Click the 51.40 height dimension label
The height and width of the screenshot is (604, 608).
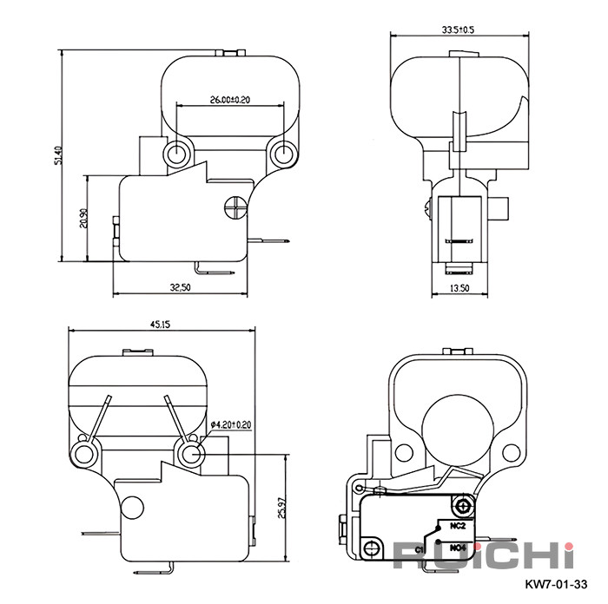click(x=58, y=155)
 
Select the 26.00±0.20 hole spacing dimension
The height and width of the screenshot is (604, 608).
click(x=230, y=100)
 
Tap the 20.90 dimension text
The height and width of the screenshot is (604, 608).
click(x=83, y=218)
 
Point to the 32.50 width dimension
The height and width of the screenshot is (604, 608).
click(x=181, y=287)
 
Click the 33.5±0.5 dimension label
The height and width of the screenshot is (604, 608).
click(x=458, y=30)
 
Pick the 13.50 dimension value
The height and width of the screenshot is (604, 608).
click(x=459, y=288)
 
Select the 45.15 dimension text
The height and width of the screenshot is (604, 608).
click(x=160, y=325)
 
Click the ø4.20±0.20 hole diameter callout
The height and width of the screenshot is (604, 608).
click(x=231, y=424)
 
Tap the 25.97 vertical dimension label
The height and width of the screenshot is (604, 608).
click(x=283, y=508)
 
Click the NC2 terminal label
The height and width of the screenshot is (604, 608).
click(x=458, y=526)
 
